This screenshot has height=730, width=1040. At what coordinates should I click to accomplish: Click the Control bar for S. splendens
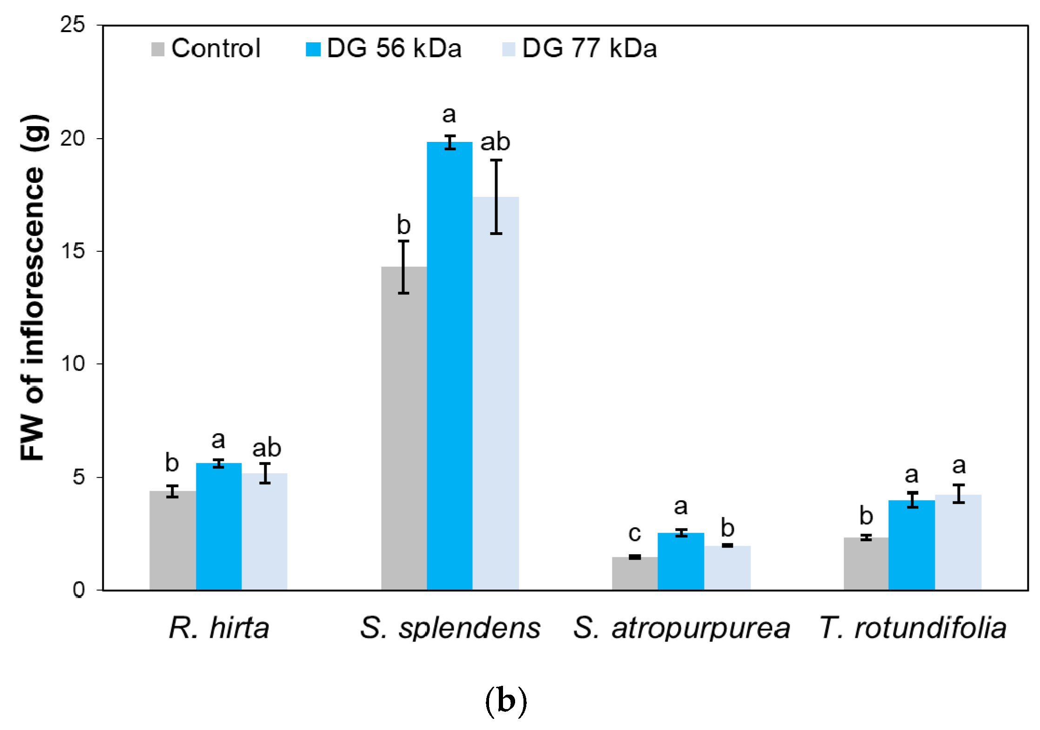point(403,428)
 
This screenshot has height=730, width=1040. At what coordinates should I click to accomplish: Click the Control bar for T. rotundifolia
point(866,564)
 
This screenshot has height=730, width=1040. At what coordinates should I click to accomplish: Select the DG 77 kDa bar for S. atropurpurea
point(727,568)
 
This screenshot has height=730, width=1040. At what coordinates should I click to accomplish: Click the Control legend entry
point(206,48)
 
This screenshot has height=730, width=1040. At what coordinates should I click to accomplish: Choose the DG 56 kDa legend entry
point(384,48)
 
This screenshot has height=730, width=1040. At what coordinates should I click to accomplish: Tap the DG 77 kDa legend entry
point(580,48)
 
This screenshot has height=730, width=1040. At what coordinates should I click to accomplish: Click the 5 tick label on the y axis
point(79,477)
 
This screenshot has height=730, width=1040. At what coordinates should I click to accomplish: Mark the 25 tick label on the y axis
point(73,25)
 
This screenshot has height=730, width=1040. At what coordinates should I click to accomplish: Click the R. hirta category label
point(219,628)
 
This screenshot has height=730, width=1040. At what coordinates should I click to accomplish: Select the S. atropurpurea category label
point(681,628)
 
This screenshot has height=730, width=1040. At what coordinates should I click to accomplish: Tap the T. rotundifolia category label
point(913,628)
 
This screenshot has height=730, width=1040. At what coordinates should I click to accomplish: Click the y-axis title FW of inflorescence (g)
point(33,288)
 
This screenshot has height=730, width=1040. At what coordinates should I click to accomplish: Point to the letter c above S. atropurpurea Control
point(634,533)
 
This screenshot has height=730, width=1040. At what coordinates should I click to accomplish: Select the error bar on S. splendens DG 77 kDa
point(496,197)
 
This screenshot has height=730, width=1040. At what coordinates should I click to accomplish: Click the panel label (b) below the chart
point(506,701)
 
